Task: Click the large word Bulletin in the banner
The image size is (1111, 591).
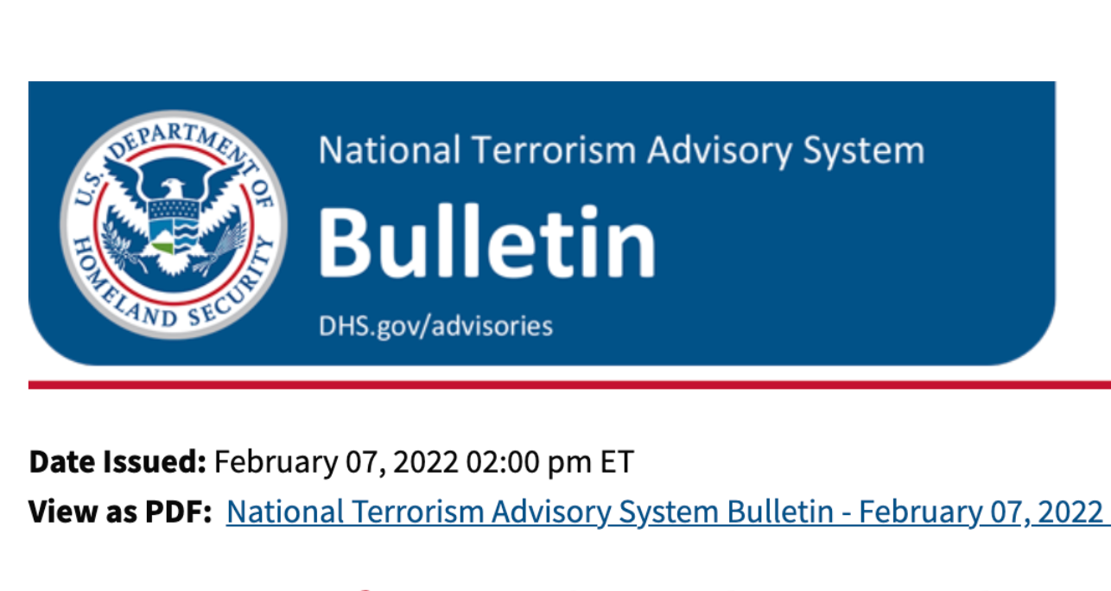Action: pos(486,242)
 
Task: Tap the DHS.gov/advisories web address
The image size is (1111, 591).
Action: pos(435,327)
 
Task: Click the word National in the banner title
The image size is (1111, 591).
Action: pos(390,149)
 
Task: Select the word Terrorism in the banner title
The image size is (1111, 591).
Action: pos(554,149)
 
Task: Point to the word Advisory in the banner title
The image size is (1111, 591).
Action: pos(720,152)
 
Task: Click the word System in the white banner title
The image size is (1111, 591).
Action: pos(864,152)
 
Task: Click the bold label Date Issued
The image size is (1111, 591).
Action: pos(117,461)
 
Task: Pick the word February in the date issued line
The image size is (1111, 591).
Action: pos(276,462)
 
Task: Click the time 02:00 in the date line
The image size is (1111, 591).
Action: pos(503,462)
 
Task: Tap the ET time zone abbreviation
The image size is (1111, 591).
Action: pos(617,462)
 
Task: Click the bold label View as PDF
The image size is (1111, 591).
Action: pos(121,512)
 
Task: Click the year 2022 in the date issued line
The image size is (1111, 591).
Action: pos(425,462)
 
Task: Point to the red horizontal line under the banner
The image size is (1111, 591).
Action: pos(569,385)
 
